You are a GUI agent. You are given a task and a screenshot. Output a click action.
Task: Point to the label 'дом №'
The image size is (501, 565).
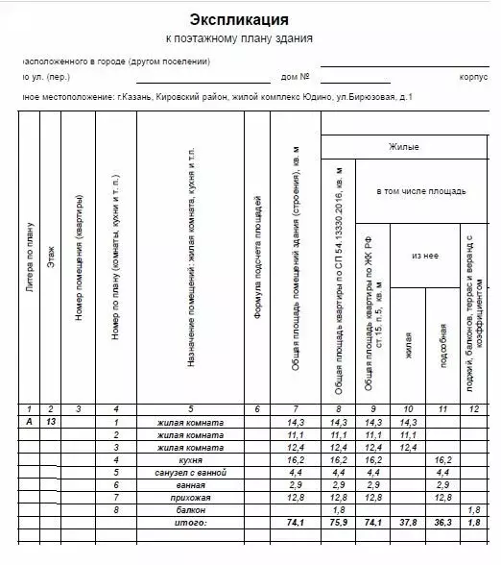click(x=295, y=76)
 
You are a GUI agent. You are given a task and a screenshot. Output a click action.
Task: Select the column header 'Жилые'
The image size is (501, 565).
click(x=403, y=147)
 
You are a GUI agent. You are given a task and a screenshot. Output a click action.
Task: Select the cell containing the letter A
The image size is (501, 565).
click(x=29, y=423)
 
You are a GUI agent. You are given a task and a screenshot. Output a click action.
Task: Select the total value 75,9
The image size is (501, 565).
click(x=337, y=523)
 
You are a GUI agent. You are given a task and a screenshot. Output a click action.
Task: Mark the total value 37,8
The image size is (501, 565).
click(x=408, y=523)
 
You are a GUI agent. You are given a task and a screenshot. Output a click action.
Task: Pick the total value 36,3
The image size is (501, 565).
click(x=442, y=523)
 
